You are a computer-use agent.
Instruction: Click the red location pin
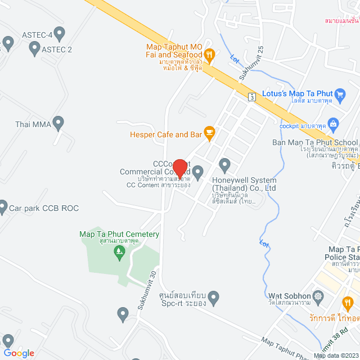(x=180, y=168)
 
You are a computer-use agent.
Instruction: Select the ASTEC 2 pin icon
(x=34, y=49)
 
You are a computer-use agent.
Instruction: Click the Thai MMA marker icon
(x=58, y=122)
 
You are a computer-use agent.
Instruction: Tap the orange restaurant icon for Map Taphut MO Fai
(x=209, y=54)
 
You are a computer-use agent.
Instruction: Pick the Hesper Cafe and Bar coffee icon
(x=209, y=133)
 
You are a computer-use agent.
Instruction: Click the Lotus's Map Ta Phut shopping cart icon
(x=340, y=93)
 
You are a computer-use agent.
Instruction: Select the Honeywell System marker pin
(x=225, y=165)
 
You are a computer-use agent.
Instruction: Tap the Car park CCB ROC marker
(x=3, y=208)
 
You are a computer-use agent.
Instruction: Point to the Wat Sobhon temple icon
(x=319, y=296)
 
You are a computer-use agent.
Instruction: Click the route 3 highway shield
(x=253, y=96)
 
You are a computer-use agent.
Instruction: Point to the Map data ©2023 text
(x=336, y=355)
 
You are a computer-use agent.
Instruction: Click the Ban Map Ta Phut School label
(x=314, y=142)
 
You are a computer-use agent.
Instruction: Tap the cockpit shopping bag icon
(x=332, y=123)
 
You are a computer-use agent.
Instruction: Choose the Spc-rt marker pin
(x=213, y=296)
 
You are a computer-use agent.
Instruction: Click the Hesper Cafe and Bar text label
(x=165, y=135)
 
